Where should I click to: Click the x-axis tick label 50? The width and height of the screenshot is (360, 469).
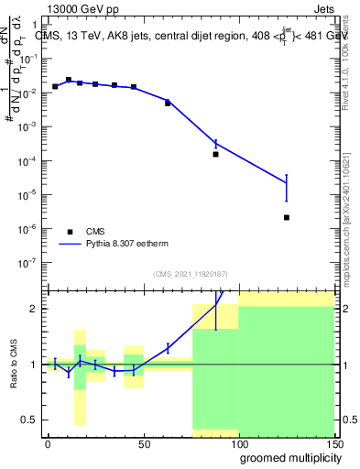tap(143, 443)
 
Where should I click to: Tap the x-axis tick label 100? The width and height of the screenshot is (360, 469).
tap(238, 443)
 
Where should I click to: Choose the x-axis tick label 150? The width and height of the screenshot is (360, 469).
tap(333, 443)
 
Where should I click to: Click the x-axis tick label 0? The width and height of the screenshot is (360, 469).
tap(48, 443)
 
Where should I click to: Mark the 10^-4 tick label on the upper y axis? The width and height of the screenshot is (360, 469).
tap(30, 161)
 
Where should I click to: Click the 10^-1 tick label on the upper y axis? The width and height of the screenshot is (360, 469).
tap(30, 60)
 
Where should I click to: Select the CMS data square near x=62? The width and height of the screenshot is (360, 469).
tap(168, 103)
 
